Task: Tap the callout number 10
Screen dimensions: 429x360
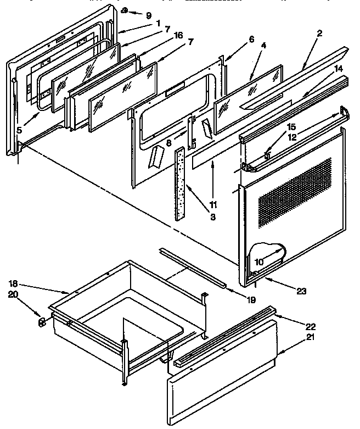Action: point(258,262)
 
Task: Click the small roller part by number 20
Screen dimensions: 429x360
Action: point(42,322)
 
